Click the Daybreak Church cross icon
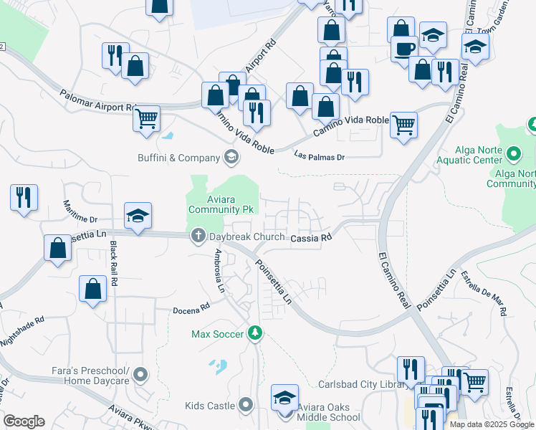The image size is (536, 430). click(x=198, y=235)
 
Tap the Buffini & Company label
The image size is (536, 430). click(x=178, y=158)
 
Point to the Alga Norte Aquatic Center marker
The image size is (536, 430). click(x=513, y=153)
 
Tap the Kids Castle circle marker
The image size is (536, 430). click(x=246, y=406)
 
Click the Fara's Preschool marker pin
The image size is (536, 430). click(x=141, y=374)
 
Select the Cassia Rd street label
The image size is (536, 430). click(x=310, y=237)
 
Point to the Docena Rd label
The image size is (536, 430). click(x=191, y=309)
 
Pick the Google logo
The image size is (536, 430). click(x=24, y=421)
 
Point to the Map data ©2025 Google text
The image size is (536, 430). click(x=491, y=424)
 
